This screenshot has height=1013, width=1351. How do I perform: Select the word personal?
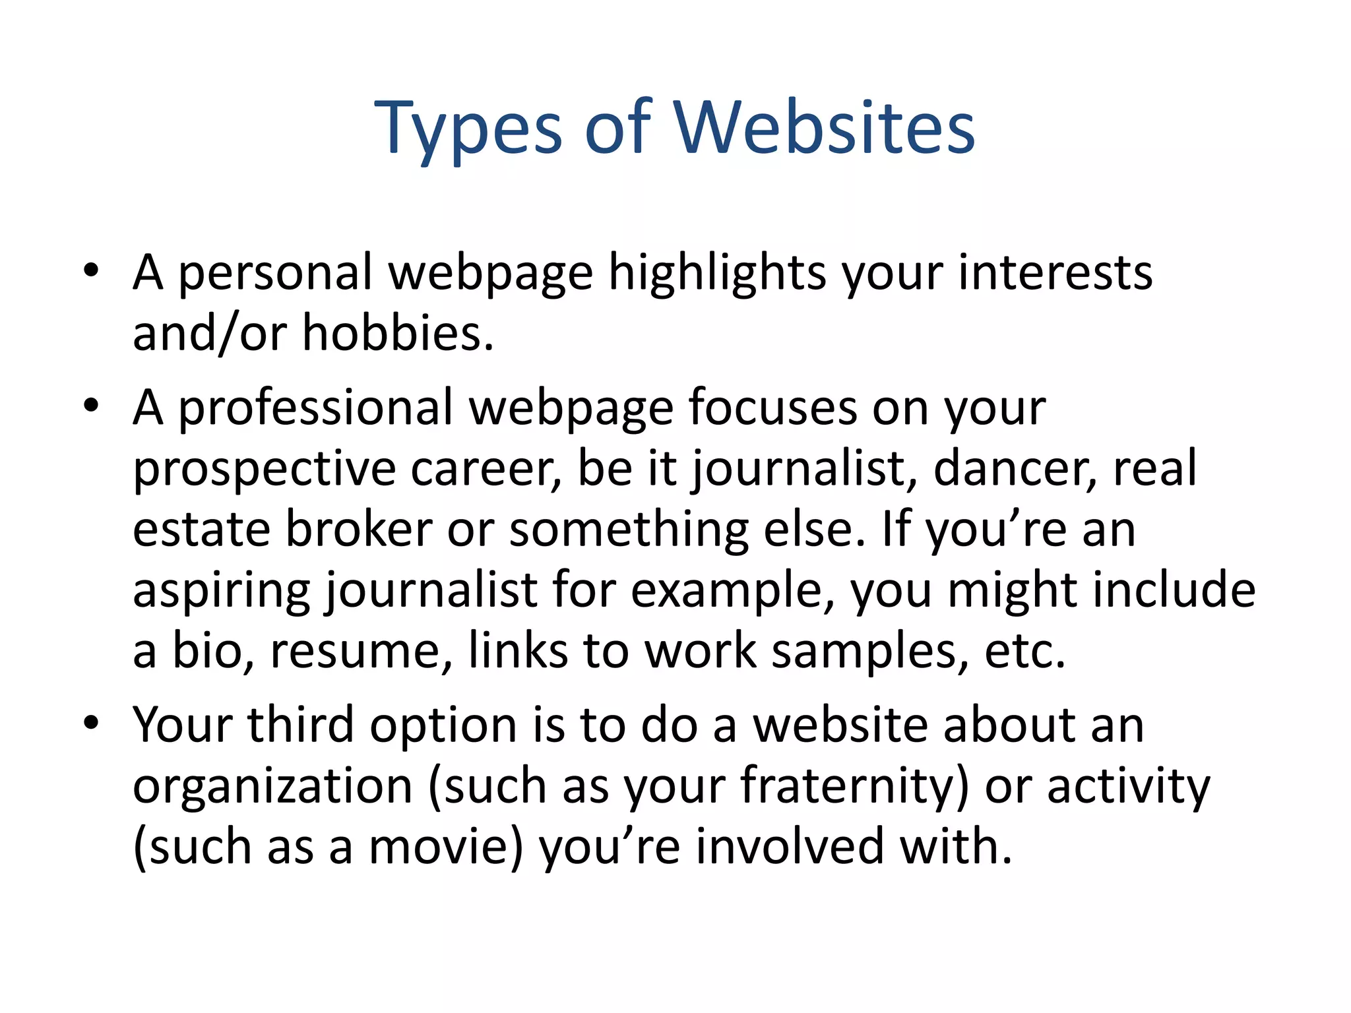tap(276, 272)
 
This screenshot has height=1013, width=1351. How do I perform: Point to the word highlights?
tap(716, 272)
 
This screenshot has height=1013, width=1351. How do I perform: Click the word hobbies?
tap(397, 333)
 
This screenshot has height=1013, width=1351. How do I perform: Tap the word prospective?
tap(264, 470)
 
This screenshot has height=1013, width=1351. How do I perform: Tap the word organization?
tap(272, 786)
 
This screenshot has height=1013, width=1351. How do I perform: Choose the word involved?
tap(790, 847)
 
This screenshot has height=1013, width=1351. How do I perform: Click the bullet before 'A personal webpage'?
tap(91, 270)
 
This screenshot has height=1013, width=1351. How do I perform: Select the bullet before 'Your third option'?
tap(91, 722)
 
